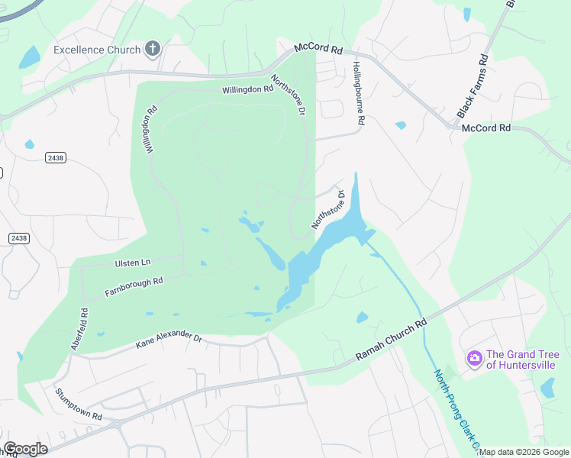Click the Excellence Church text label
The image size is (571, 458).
point(97,50)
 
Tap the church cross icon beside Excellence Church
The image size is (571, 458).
point(153,50)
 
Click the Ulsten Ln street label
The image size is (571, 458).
point(133,263)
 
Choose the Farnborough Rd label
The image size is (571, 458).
point(134,286)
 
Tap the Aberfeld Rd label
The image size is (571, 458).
point(80,329)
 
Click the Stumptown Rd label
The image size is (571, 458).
point(78,404)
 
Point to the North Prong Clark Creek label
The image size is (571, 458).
point(457,409)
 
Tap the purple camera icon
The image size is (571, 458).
point(474,358)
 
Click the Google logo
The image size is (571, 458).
point(25,449)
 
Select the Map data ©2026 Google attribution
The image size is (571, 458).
point(524,453)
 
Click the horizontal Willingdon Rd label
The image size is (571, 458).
point(247,89)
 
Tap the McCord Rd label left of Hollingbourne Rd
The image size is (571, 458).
point(319,49)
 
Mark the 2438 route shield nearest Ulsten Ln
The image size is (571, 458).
point(19,238)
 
